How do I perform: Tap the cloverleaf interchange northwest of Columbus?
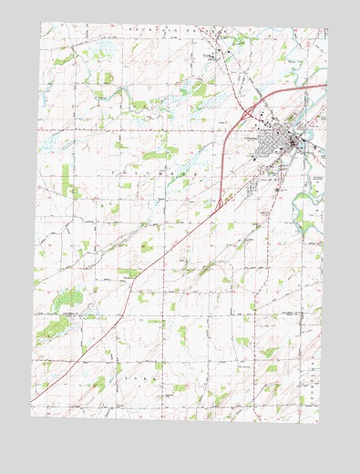[248, 112]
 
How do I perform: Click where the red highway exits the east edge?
[324, 86]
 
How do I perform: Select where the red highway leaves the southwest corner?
[33, 401]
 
